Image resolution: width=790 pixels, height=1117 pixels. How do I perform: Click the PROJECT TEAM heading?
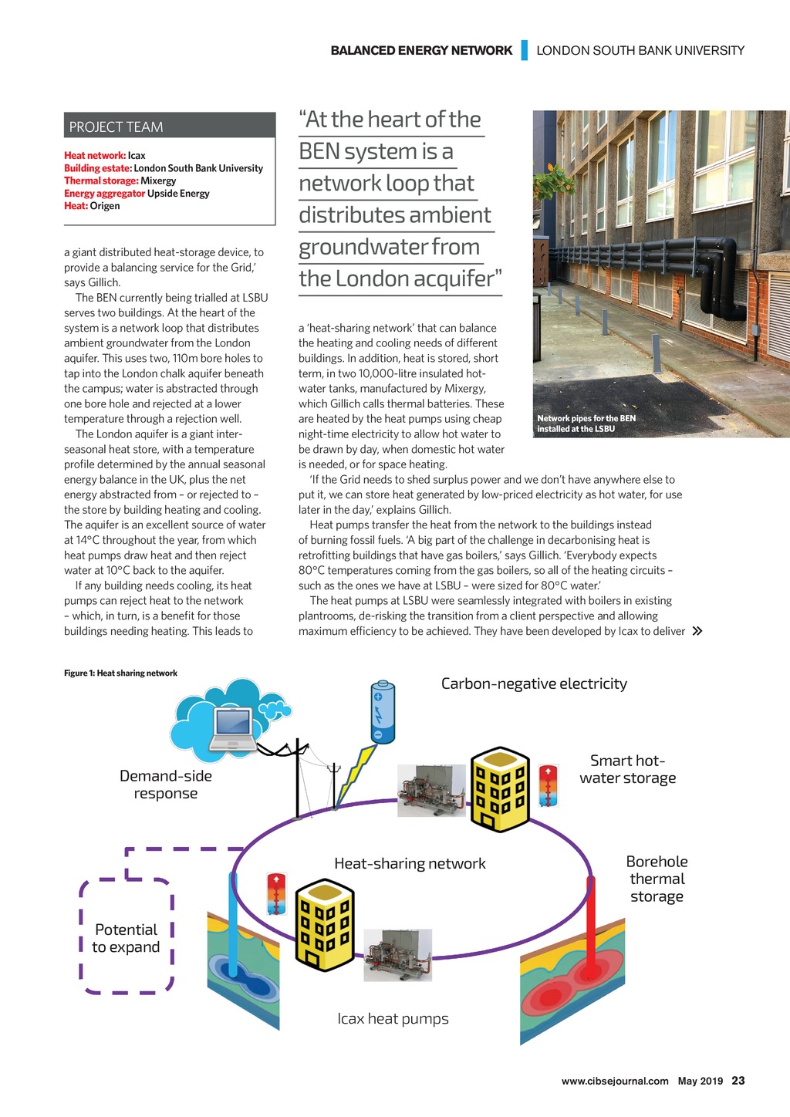point(116,127)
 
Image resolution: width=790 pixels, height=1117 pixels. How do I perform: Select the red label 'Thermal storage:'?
point(101,181)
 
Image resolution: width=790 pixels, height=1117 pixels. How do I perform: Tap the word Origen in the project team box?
point(105,206)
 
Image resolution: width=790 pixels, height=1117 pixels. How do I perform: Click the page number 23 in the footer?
point(738,1081)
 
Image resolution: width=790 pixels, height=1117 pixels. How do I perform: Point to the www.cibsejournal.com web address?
point(615,1081)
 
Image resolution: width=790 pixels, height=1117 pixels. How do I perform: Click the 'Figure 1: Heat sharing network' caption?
point(120,673)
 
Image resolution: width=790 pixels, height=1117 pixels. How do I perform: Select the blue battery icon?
point(383,711)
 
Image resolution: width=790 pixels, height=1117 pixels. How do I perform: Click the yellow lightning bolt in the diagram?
point(356,774)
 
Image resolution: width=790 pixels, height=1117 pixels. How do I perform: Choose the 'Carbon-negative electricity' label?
point(534,683)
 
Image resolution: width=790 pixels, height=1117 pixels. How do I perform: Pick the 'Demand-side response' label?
point(166,785)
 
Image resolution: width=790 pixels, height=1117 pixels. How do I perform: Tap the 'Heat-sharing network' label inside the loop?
point(410,863)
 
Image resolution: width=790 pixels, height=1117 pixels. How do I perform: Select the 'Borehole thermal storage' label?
point(657,879)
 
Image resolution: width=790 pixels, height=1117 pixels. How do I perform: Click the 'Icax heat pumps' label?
point(393,1018)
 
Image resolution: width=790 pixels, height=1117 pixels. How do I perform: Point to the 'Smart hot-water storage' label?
point(627,769)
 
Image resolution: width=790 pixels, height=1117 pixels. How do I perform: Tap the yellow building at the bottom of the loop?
point(325,924)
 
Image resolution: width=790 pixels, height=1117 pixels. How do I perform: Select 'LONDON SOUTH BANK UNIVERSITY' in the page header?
point(640,51)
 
